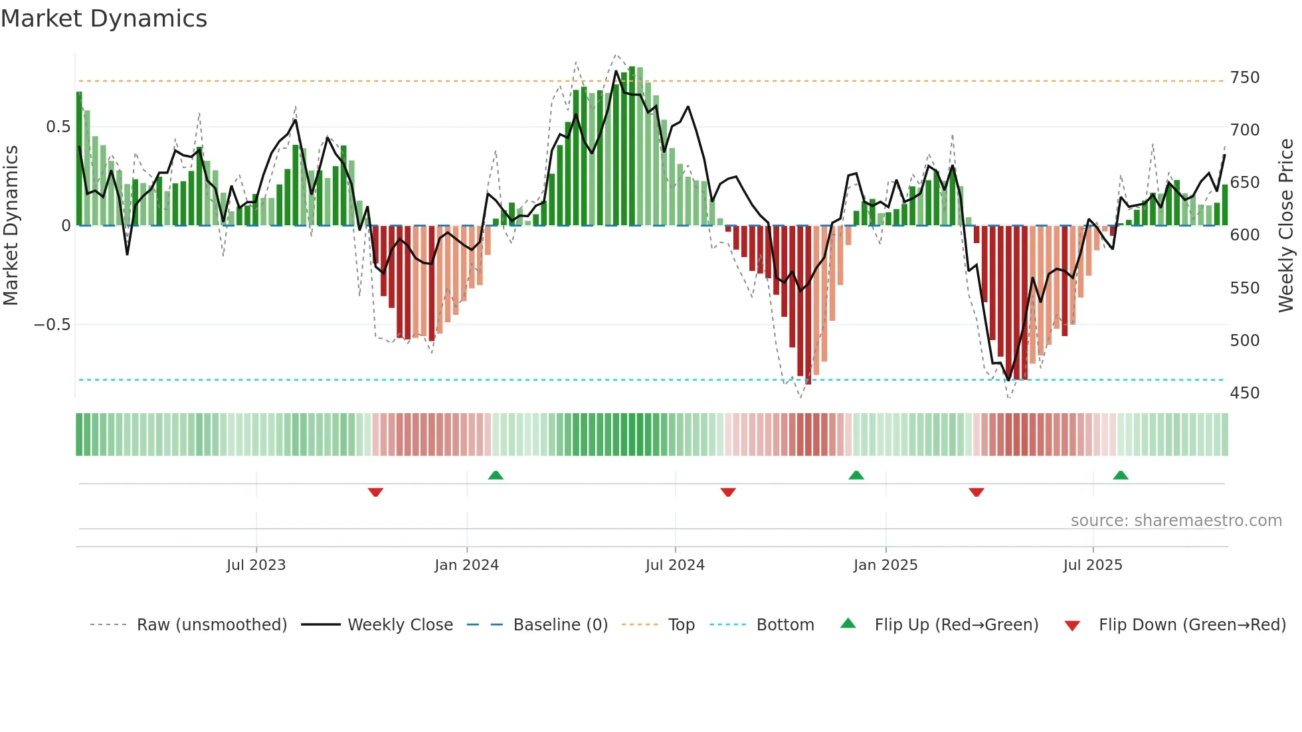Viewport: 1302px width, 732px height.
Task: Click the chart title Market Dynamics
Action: coord(104,19)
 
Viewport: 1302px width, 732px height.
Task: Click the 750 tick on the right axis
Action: coord(1244,78)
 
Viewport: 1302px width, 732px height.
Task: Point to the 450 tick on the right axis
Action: coord(1244,393)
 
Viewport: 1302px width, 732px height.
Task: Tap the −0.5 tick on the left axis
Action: coord(52,325)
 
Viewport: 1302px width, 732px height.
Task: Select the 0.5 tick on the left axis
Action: coord(58,127)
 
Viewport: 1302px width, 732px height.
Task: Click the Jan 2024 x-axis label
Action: coord(466,565)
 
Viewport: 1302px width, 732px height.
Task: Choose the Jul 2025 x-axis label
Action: coord(1092,565)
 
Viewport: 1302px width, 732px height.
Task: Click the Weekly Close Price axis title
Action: coord(1286,226)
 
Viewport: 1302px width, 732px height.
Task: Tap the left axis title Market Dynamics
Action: coord(11,226)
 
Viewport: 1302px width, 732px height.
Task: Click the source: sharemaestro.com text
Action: coord(1176,521)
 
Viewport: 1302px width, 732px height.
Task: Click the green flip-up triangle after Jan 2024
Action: coord(496,475)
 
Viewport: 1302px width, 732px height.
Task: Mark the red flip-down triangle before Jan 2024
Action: coord(375,492)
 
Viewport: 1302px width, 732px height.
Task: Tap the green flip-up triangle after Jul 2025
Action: coord(1121,475)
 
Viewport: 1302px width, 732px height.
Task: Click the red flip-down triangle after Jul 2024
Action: coord(728,492)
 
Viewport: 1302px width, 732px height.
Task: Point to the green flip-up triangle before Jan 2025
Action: coord(856,475)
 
